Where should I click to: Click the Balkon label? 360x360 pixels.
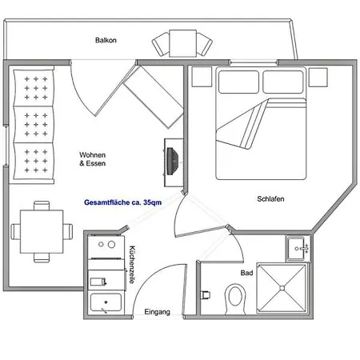[x=106, y=40]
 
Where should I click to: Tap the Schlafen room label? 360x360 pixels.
[x=270, y=198]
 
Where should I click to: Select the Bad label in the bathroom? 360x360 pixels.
[x=246, y=273]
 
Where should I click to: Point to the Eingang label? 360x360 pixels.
[x=157, y=312]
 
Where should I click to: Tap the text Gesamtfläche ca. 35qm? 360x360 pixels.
[x=122, y=202]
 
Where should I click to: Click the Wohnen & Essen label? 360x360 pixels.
[x=92, y=159]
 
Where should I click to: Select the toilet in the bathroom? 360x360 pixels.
[x=235, y=299]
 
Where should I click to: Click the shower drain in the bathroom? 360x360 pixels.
[x=282, y=288]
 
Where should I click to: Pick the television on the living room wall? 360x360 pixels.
[x=172, y=162]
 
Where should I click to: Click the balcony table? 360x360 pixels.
[x=183, y=43]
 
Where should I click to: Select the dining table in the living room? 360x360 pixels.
[x=42, y=231]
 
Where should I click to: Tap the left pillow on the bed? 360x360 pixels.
[x=238, y=82]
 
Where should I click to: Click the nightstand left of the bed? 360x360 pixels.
[x=202, y=77]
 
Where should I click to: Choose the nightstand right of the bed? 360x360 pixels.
[x=318, y=77]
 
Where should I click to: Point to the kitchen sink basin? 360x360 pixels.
[x=106, y=302]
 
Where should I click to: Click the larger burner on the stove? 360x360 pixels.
[x=111, y=244]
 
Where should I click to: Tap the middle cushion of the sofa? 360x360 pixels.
[x=34, y=125]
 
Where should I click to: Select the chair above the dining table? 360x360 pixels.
[x=42, y=206]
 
